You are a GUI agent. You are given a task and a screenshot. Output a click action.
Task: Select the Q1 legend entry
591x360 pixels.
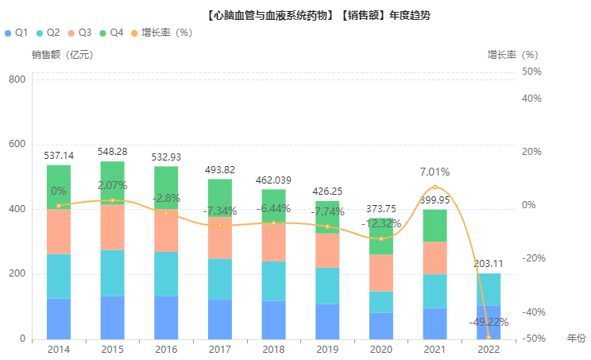coord(17,33)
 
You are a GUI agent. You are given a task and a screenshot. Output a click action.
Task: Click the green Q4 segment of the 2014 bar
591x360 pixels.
coord(59,187)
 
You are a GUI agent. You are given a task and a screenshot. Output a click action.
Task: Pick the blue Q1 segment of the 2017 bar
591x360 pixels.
coord(220,319)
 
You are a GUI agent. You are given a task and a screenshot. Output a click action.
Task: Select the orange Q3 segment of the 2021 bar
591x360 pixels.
coord(435,258)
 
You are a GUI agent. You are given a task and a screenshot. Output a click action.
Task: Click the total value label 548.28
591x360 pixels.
coord(112,151)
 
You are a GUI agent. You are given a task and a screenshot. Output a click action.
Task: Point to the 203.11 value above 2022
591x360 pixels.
coord(489,264)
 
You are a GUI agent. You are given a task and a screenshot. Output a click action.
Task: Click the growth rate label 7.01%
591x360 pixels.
coord(435,172)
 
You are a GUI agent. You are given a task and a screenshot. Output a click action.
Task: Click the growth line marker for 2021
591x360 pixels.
coord(435,187)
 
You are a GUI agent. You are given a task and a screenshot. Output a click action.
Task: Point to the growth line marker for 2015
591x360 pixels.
coord(112,200)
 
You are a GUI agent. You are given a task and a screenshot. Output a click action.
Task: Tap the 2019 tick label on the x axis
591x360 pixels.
coord(327,349)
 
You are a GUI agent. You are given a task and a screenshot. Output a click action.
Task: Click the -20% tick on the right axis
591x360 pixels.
coord(531,258)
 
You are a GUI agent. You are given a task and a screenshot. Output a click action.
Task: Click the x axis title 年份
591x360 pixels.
coord(576,339)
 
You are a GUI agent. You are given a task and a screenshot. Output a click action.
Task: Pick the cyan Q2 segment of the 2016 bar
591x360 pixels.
coord(166,274)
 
